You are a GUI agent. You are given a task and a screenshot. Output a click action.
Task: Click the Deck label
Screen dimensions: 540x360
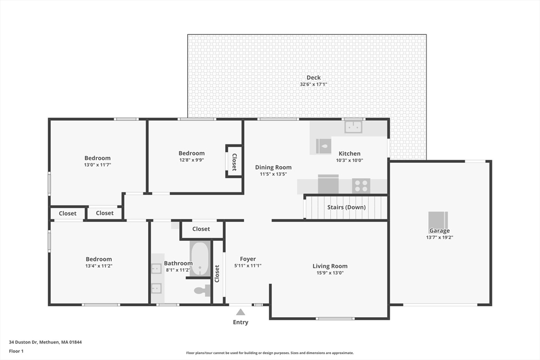(313, 77)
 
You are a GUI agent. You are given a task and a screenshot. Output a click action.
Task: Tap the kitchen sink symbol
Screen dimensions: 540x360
(353, 127)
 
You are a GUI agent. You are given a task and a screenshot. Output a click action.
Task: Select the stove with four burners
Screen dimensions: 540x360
(361, 186)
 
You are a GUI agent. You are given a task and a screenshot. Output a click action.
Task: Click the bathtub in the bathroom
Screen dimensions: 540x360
(200, 258)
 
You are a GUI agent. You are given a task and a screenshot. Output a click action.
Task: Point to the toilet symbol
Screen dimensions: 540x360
(202, 290)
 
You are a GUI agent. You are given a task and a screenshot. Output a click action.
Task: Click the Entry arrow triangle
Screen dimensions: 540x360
(240, 312)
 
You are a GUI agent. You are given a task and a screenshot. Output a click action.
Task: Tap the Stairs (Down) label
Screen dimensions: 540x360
(346, 207)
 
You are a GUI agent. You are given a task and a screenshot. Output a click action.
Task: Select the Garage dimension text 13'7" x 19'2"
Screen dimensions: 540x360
(439, 237)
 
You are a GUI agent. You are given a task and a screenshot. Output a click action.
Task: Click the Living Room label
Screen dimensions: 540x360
(330, 266)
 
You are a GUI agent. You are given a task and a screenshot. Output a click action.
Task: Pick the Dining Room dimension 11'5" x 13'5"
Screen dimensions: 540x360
(274, 174)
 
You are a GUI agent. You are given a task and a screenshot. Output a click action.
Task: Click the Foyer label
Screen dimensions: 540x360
(248, 259)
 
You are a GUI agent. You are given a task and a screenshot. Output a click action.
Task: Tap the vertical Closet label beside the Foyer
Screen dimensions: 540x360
(217, 274)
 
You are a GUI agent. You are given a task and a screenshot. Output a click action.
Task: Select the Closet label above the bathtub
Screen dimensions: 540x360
(201, 229)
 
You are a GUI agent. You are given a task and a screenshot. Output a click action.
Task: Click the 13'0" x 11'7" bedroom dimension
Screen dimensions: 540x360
(98, 165)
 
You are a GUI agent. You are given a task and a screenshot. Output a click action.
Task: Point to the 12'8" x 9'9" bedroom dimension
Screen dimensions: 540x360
(191, 160)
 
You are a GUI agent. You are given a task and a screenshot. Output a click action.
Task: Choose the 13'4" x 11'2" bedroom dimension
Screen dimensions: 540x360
(99, 266)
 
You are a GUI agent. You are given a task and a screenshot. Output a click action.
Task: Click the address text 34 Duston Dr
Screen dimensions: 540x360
(23, 342)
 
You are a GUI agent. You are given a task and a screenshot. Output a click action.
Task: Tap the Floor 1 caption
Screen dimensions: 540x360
(16, 351)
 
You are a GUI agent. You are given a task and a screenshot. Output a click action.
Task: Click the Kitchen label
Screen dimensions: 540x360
(350, 153)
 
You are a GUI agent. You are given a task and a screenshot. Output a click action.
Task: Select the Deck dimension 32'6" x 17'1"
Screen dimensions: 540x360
(313, 84)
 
